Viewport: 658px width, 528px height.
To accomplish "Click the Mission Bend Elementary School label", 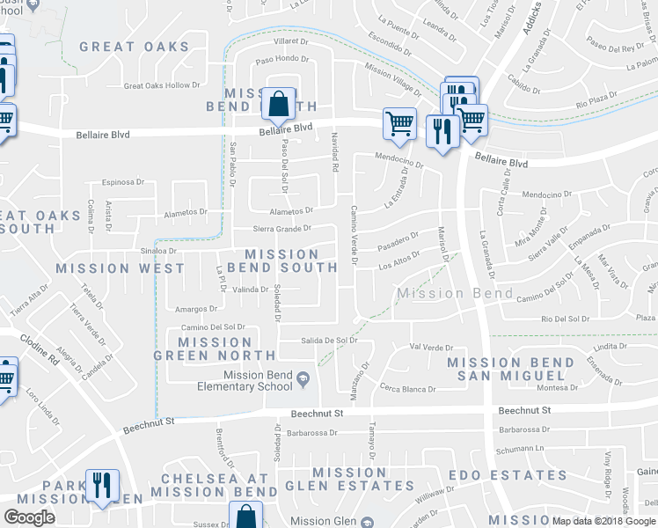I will (x=258, y=381).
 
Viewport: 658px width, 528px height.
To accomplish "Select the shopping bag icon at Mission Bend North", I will (x=278, y=104).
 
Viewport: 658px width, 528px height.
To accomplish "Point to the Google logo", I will (x=29, y=517).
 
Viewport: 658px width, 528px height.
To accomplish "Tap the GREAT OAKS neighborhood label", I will (x=146, y=47).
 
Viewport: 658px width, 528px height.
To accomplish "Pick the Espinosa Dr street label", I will (x=122, y=182).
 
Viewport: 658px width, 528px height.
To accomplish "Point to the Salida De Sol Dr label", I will (x=329, y=340).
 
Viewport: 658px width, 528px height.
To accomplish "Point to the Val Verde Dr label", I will (x=431, y=348).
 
